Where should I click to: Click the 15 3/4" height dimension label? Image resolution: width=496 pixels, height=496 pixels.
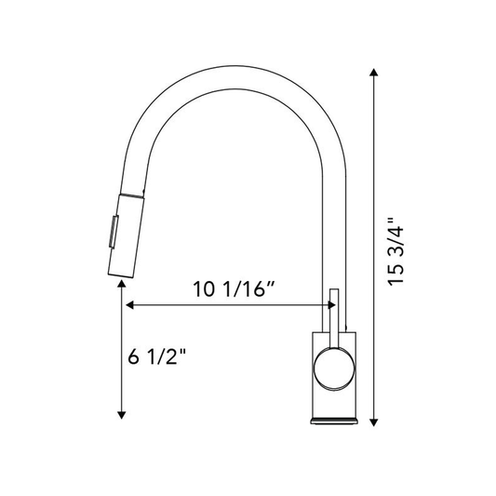395,251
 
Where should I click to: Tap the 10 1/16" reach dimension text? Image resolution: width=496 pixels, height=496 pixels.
234,289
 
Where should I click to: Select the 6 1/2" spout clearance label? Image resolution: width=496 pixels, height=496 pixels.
157,356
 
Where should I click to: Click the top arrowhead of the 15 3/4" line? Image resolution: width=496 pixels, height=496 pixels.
373,73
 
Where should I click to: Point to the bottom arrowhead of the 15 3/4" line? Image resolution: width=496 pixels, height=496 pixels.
373,422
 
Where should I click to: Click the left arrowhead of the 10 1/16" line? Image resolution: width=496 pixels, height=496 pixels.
129,305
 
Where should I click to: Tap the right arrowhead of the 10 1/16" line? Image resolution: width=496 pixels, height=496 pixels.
331,305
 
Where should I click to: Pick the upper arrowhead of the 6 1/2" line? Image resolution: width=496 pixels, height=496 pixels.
122,284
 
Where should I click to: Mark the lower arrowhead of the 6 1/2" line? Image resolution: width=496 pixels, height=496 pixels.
122,415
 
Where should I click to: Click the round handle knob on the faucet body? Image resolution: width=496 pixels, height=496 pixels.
334,369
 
